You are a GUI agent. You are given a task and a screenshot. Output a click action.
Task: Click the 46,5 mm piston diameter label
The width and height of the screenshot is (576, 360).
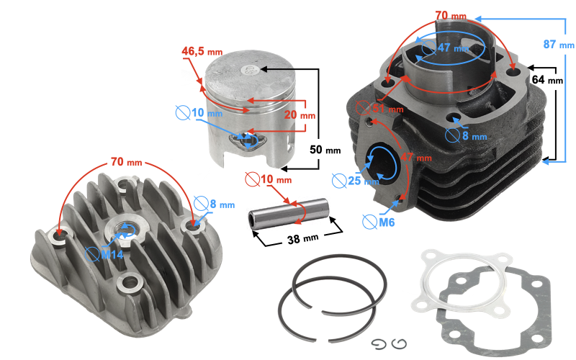(202, 52)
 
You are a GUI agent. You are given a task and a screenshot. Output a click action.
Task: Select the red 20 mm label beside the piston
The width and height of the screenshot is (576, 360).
(298, 115)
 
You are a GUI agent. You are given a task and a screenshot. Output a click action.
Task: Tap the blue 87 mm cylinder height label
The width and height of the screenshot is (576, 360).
(557, 45)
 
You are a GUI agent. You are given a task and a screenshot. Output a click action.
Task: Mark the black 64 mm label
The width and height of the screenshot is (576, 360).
(547, 80)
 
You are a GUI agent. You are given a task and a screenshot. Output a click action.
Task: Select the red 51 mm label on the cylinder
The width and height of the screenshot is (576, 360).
(388, 109)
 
